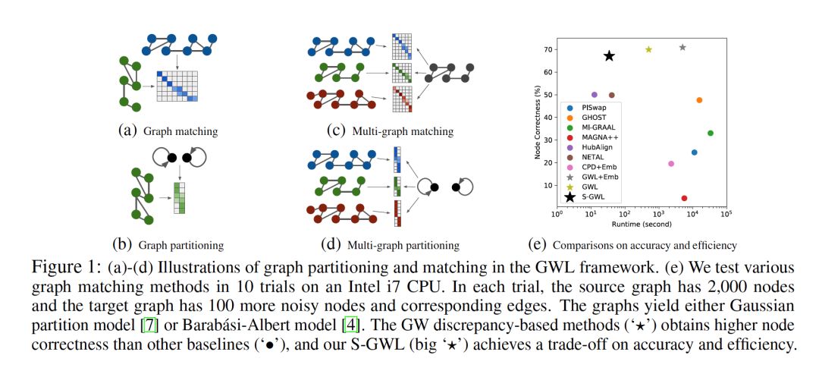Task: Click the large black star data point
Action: coord(609,55)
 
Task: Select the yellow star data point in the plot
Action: coord(648,49)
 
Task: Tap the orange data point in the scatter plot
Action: coord(698,100)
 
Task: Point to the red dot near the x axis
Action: coord(684,198)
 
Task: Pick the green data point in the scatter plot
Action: coord(710,133)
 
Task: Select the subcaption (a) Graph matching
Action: coord(168,131)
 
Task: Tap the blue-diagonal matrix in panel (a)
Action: coord(177,87)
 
